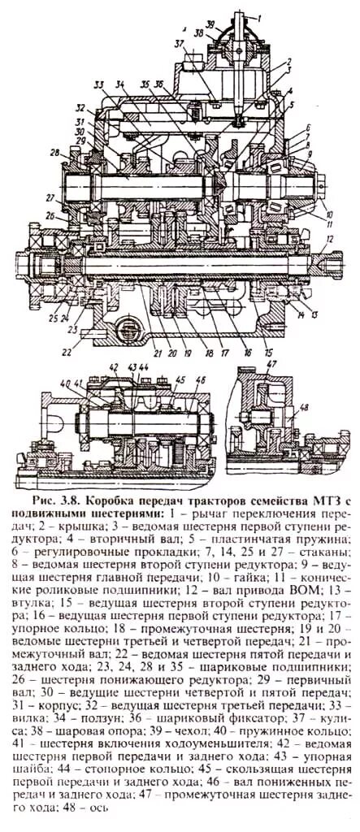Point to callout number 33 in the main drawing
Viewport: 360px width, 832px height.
[98, 84]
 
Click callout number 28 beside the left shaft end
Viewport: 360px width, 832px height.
[54, 153]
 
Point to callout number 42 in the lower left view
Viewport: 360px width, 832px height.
[113, 366]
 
